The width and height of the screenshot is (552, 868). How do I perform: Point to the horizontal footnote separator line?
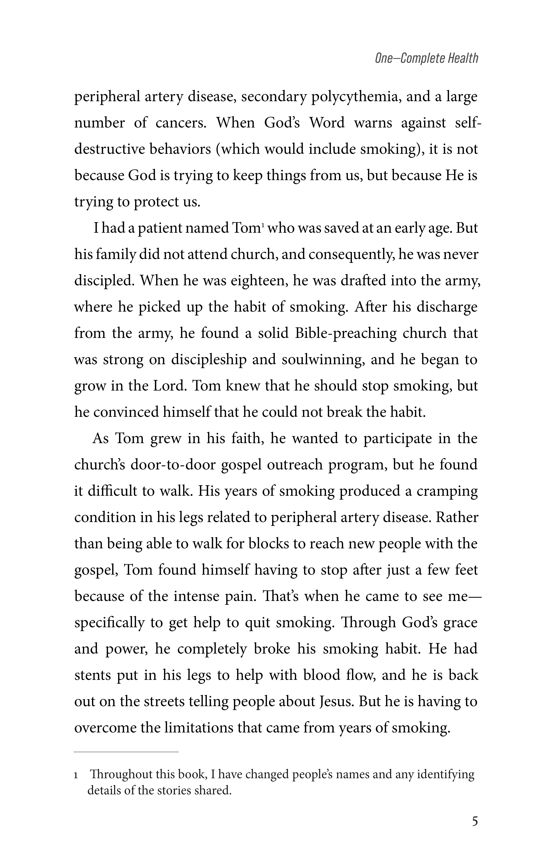[126, 752]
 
